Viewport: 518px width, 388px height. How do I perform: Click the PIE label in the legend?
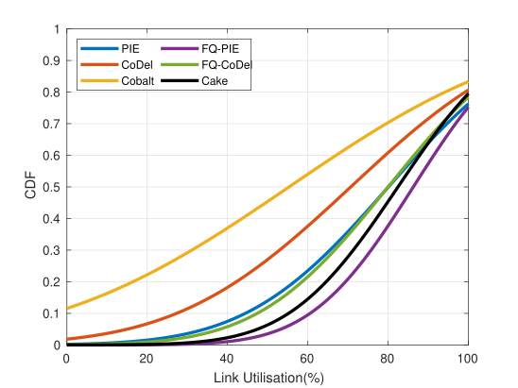pos(130,49)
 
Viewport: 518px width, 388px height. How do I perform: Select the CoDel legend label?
pos(137,64)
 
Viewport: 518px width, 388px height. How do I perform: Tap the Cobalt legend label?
pos(138,81)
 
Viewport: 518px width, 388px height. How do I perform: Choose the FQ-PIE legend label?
pos(220,49)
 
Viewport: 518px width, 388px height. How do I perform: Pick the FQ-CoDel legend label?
pos(227,64)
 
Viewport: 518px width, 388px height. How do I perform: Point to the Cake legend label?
pos(215,81)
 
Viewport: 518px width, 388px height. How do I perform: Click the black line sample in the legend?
pos(180,80)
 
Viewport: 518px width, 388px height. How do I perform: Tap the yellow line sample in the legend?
pos(99,80)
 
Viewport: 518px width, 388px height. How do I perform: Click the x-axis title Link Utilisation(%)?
pos(268,379)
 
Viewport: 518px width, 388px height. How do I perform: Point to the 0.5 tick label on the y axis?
pos(52,187)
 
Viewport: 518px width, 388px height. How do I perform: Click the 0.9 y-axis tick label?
pos(52,60)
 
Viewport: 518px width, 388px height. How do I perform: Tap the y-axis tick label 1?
pos(58,29)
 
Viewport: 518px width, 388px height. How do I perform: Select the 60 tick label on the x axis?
pos(307,359)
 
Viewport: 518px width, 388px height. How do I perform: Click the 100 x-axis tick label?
pos(468,359)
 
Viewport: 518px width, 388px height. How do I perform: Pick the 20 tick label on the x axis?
pos(147,359)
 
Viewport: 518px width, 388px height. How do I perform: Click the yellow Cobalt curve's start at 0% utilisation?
pos(67,309)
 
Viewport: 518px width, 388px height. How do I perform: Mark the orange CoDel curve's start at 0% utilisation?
pos(67,339)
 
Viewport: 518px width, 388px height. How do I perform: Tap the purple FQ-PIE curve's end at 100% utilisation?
pos(468,108)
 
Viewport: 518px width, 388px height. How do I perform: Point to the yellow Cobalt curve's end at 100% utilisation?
pos(468,82)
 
